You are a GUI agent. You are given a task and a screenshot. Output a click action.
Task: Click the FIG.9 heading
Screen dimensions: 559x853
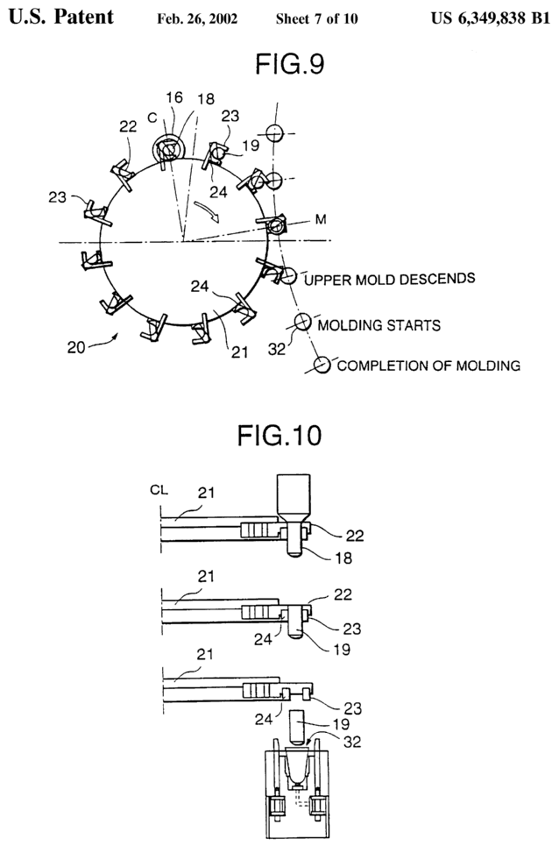pyautogui.click(x=290, y=64)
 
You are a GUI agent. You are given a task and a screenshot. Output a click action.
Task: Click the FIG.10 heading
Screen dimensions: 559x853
pyautogui.click(x=279, y=436)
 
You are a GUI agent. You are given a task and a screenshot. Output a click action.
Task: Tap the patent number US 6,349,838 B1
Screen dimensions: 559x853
pyautogui.click(x=491, y=18)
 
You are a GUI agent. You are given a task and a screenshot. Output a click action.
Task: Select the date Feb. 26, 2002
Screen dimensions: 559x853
pyautogui.click(x=197, y=19)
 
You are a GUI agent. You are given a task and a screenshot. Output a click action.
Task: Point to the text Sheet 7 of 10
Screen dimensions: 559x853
pyautogui.click(x=316, y=19)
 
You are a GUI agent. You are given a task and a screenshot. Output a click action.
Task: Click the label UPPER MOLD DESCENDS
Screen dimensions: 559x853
pyautogui.click(x=389, y=279)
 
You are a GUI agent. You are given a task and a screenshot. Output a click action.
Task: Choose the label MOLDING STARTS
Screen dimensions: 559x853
pyautogui.click(x=379, y=325)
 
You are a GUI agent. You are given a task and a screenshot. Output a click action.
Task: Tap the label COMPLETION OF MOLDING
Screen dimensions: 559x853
pyautogui.click(x=428, y=365)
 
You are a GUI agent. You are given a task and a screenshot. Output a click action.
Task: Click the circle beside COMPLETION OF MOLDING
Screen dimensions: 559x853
pyautogui.click(x=322, y=365)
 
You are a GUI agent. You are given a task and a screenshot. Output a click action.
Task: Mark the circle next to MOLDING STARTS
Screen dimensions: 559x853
pyautogui.click(x=301, y=323)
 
